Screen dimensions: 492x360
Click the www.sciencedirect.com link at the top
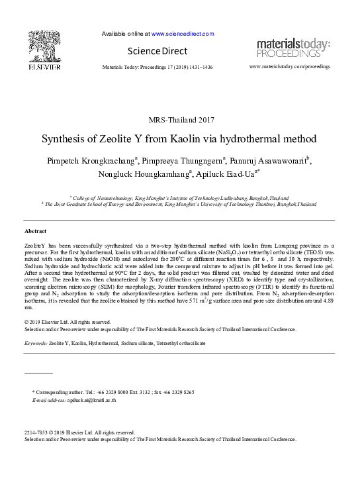click(x=183, y=33)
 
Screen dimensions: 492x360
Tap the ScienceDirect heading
click(x=158, y=51)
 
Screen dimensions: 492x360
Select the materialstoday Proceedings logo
click(x=293, y=48)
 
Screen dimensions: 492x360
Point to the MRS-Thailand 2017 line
click(x=179, y=120)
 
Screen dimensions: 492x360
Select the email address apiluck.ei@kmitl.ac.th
click(x=88, y=401)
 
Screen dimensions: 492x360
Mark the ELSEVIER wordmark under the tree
click(x=44, y=68)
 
